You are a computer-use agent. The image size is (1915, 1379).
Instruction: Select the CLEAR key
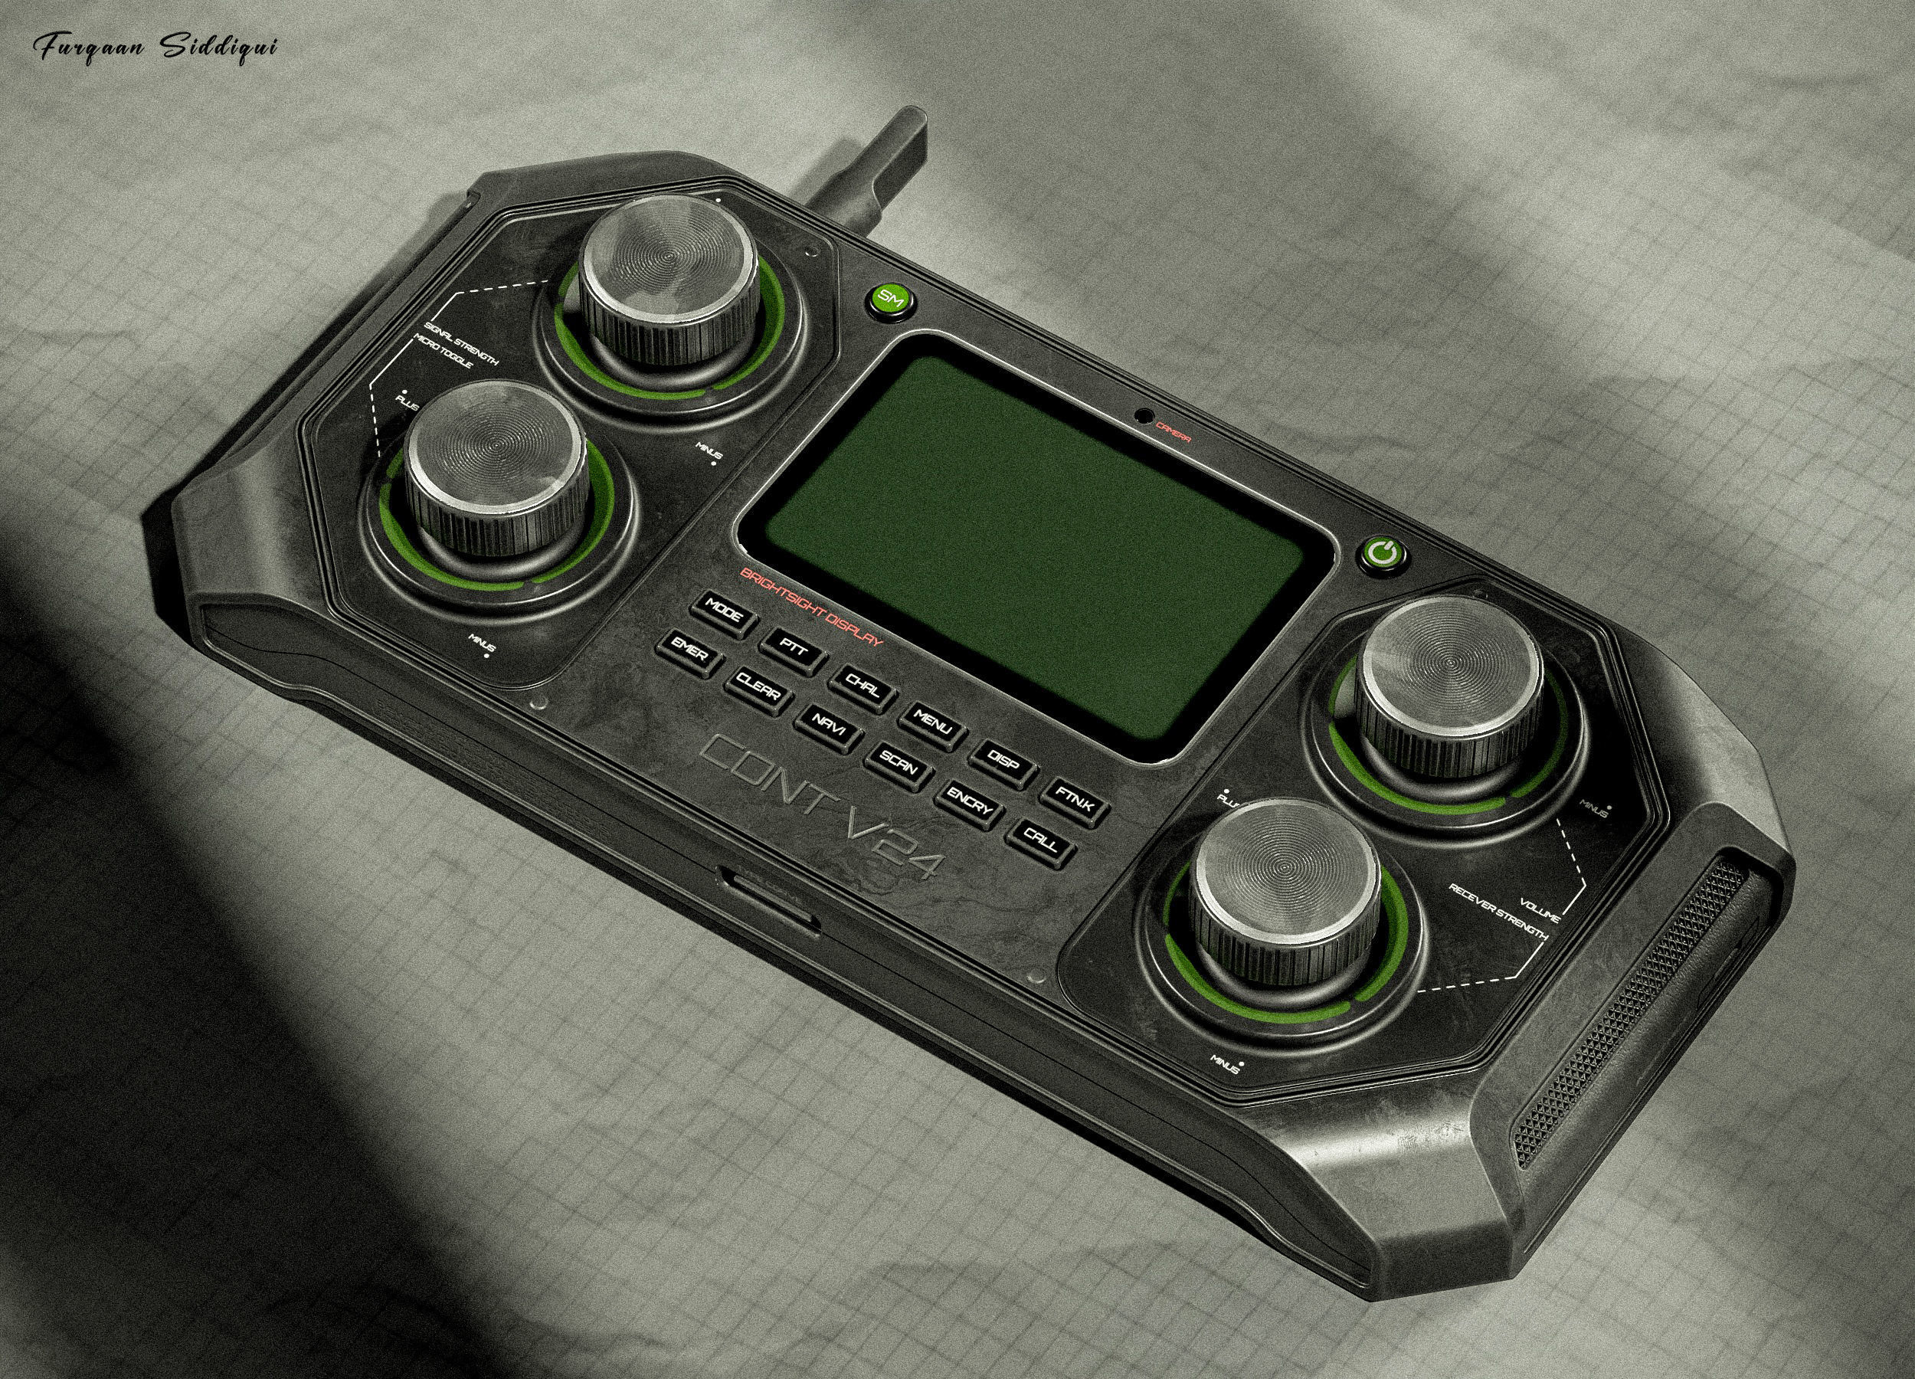(x=758, y=692)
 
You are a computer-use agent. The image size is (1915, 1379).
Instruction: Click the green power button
(x=1382, y=555)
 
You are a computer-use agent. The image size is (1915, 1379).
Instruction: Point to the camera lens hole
(x=1144, y=415)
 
